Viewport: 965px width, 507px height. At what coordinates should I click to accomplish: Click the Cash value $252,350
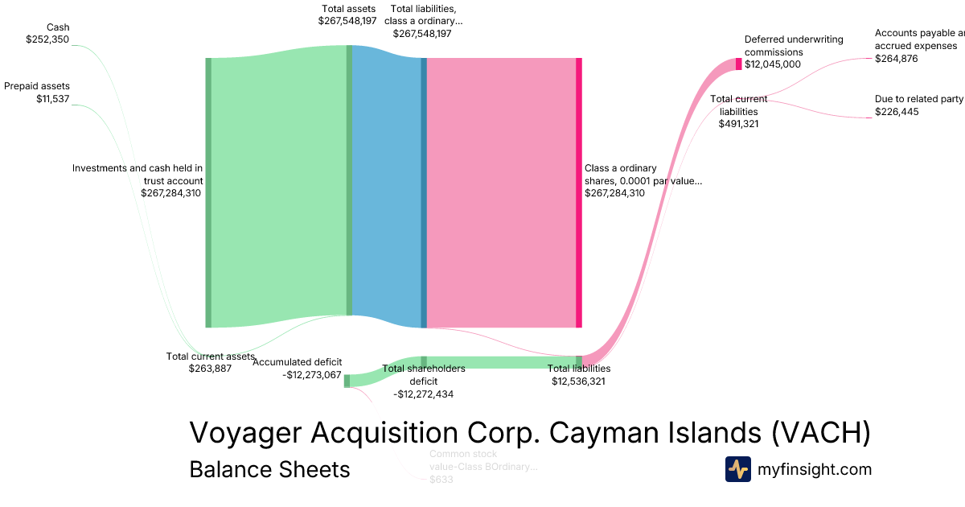click(x=47, y=39)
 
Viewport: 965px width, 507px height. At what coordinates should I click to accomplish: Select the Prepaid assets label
click(x=37, y=86)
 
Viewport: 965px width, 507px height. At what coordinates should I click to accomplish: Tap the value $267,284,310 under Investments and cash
click(x=170, y=193)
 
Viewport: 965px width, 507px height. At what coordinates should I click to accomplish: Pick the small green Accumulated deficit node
click(x=347, y=381)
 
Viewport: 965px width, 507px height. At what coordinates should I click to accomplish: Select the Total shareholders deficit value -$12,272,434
click(x=423, y=394)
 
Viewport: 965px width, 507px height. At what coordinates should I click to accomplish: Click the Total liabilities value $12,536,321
click(x=578, y=381)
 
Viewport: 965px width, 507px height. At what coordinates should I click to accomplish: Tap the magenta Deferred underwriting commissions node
click(x=739, y=64)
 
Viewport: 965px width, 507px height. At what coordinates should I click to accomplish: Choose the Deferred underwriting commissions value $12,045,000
click(x=772, y=64)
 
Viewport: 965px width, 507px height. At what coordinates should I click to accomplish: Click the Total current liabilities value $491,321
click(x=739, y=124)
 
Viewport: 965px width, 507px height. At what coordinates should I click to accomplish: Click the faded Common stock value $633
click(x=441, y=480)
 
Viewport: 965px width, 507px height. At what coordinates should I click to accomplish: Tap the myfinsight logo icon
click(x=738, y=469)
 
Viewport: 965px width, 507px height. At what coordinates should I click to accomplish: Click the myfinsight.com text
click(x=815, y=469)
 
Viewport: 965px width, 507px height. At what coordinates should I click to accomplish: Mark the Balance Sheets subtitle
click(x=269, y=469)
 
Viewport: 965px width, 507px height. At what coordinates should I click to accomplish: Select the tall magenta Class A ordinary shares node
click(x=578, y=192)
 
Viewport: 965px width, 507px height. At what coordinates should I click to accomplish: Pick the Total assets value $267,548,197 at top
click(x=347, y=21)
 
